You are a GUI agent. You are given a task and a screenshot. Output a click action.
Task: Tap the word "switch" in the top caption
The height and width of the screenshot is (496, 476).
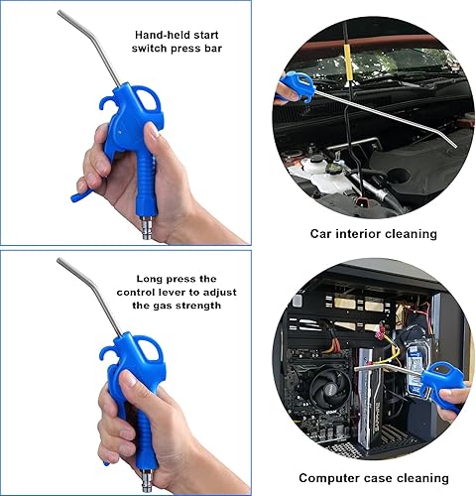point(150,49)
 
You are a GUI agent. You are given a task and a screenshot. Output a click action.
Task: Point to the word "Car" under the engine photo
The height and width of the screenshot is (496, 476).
point(320,234)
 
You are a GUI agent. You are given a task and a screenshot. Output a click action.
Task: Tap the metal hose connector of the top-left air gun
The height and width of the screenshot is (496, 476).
point(146,227)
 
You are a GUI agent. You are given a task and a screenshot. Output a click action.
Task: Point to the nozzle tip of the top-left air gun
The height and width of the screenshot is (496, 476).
point(59,12)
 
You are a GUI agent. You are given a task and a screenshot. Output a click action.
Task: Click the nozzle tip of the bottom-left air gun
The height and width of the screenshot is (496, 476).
point(59,260)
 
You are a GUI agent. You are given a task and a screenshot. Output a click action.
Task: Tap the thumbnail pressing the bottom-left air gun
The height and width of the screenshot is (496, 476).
point(128,377)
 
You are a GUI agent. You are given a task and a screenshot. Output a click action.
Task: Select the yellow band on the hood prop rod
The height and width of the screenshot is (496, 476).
point(347,62)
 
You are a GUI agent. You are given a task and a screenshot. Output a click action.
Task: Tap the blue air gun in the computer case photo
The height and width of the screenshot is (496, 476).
point(441,384)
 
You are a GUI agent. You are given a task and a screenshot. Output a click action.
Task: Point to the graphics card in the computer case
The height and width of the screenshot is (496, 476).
point(370,401)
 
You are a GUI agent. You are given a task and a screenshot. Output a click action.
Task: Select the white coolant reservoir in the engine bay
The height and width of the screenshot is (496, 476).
point(325,177)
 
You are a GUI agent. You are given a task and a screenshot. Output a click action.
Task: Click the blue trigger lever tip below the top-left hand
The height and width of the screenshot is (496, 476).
point(74,198)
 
